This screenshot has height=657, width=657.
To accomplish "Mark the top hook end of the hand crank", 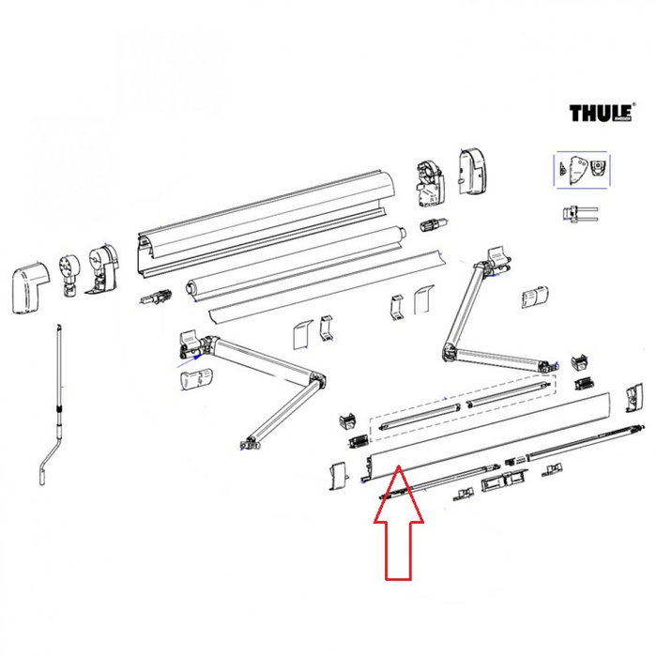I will (x=59, y=328).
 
